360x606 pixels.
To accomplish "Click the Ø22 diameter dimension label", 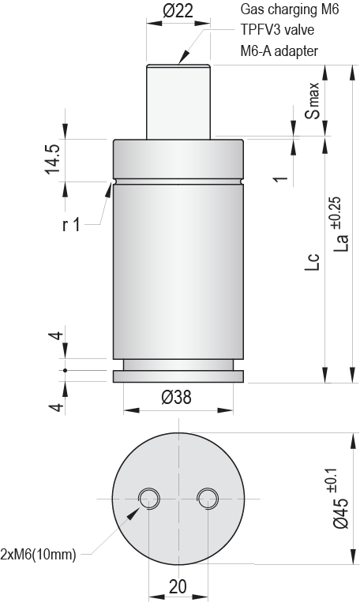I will (178, 10).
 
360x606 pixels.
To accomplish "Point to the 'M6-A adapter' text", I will (279, 51).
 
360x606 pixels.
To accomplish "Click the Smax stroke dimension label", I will (314, 100).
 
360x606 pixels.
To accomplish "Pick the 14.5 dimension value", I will (52, 160).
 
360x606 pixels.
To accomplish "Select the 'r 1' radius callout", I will (71, 226).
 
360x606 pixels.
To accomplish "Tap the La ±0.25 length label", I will (339, 225).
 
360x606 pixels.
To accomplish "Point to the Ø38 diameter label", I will (177, 398).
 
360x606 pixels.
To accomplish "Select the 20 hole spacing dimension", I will (178, 586).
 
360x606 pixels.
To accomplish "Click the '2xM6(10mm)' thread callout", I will (39, 554).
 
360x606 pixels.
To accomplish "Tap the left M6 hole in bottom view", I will (148, 497).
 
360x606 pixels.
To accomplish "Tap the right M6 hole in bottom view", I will (208, 497).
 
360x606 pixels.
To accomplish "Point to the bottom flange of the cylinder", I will (178, 376).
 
